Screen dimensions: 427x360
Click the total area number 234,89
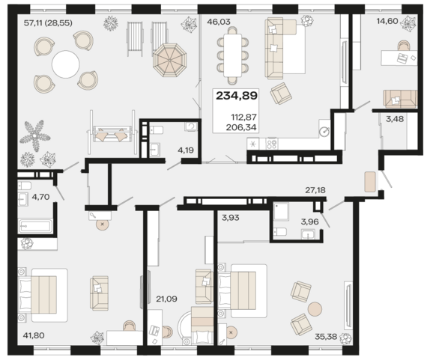(x=237, y=96)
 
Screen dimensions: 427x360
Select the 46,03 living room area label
(x=219, y=22)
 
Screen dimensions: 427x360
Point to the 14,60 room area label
(x=387, y=21)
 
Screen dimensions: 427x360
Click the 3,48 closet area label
(x=395, y=119)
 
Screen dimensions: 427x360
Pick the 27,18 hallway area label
(x=315, y=190)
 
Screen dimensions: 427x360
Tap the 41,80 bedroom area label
(x=34, y=335)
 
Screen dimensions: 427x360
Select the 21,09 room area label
(x=166, y=299)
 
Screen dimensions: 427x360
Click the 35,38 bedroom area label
(x=326, y=337)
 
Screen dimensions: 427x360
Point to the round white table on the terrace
(x=66, y=64)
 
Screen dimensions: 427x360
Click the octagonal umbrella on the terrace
(x=169, y=60)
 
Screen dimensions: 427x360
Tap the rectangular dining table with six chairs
(x=232, y=55)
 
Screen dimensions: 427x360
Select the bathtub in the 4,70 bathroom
(x=35, y=225)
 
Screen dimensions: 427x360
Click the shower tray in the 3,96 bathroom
(x=281, y=211)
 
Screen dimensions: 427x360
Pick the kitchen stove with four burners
(x=271, y=144)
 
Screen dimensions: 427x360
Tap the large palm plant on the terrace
(x=35, y=135)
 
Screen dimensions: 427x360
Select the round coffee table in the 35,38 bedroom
(x=315, y=309)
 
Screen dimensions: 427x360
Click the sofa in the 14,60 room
(x=400, y=99)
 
